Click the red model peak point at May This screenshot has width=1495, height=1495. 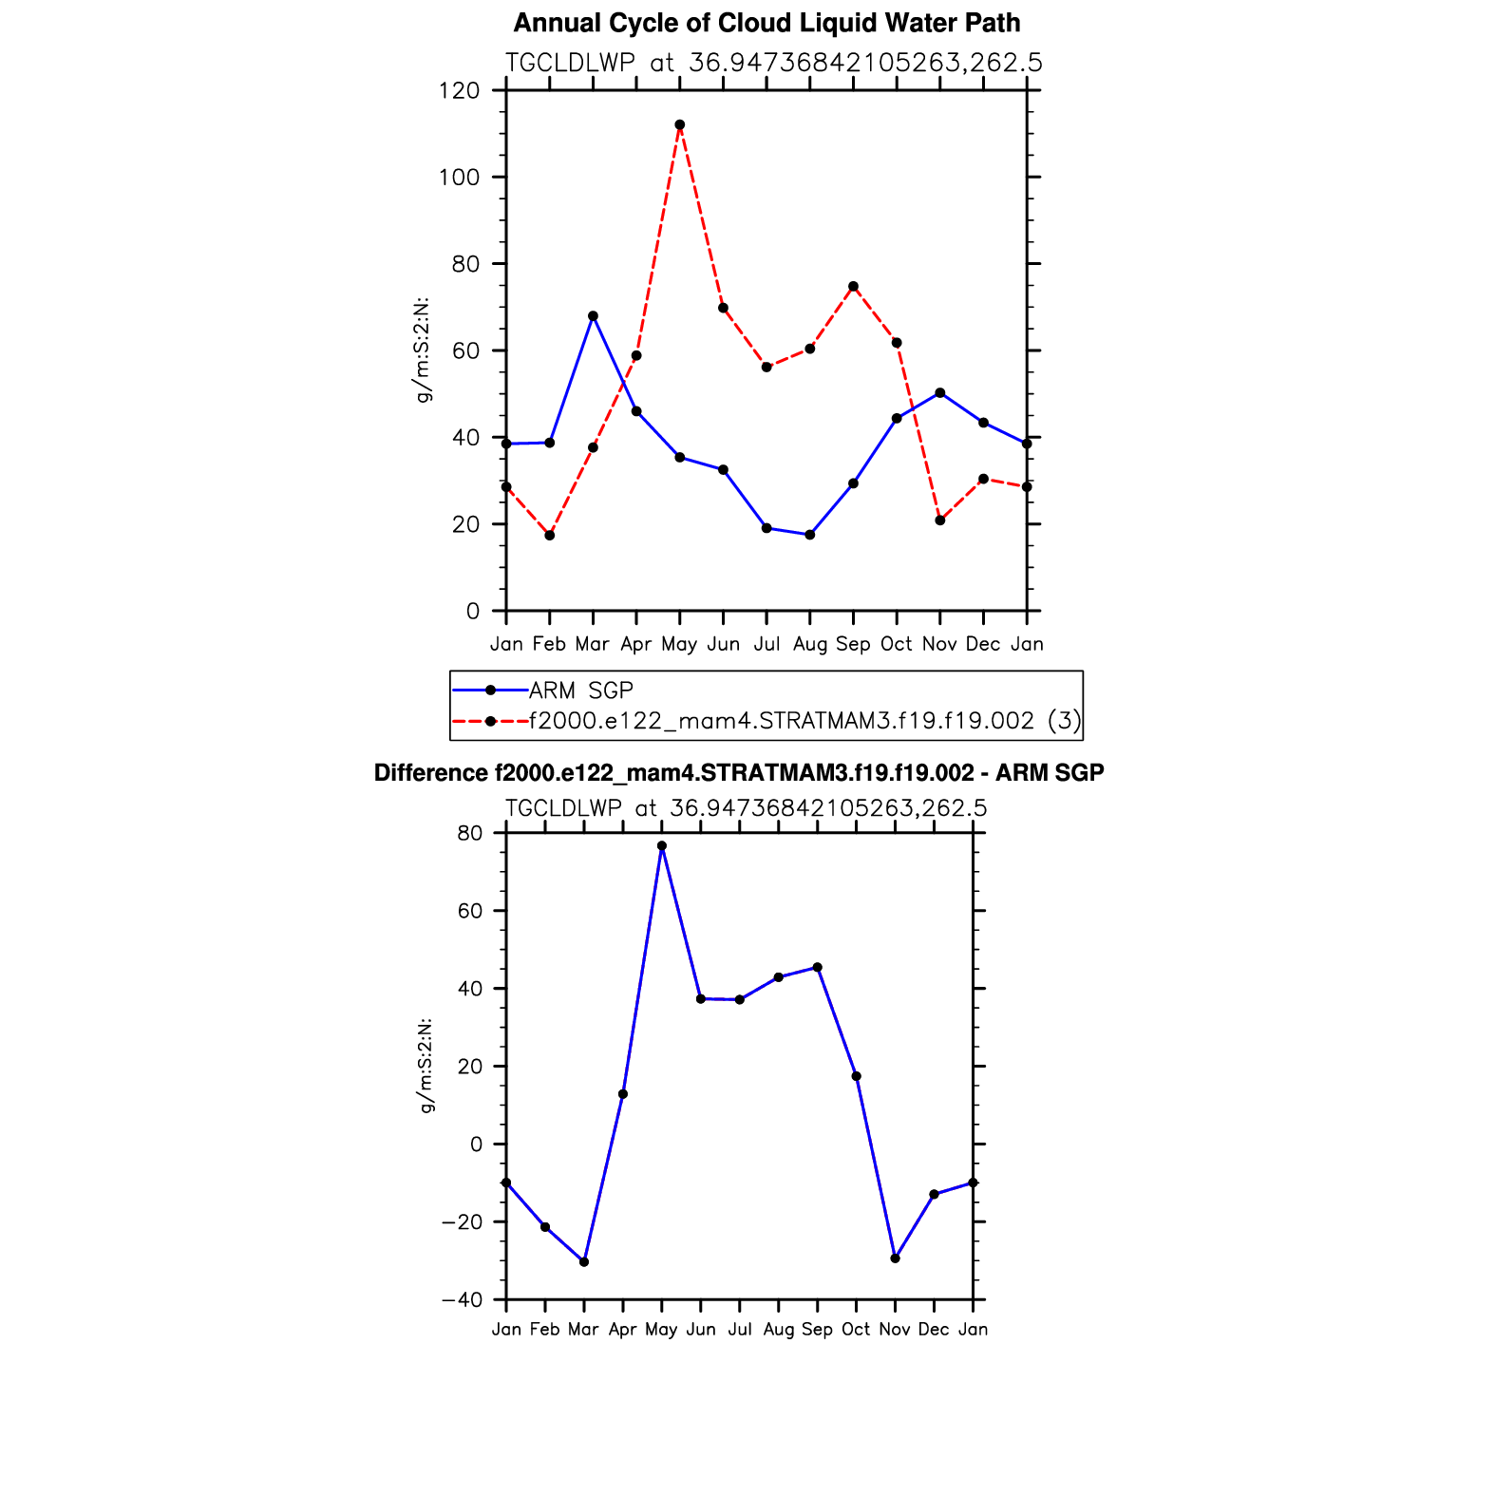679,124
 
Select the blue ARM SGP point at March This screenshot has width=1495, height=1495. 593,315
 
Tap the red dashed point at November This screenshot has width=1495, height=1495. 939,520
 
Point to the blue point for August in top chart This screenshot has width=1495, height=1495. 809,535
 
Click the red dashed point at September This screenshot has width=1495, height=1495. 853,286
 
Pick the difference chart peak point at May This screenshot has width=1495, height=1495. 661,845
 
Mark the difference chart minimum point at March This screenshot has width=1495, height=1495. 584,1261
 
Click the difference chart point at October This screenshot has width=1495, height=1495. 856,1076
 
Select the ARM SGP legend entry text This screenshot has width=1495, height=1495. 580,691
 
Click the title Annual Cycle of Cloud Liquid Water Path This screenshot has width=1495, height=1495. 766,23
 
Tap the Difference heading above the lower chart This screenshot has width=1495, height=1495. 739,773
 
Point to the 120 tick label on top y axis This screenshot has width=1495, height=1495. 459,91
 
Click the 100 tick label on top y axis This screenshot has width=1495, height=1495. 459,178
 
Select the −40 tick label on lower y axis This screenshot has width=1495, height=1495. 463,1300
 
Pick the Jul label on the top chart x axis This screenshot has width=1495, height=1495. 766,644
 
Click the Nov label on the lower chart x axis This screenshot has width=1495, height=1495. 895,1330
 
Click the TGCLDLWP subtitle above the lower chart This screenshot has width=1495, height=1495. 746,808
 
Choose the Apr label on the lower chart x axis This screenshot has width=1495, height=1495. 622,1330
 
